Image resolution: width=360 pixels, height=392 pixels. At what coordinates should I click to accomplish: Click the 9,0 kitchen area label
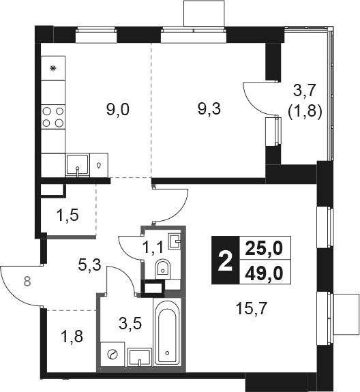tap(118, 110)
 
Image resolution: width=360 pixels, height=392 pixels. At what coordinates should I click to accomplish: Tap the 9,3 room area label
tap(209, 109)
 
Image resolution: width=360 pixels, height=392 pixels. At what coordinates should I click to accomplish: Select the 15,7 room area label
tap(252, 309)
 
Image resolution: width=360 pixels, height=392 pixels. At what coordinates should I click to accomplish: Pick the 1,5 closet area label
tap(67, 215)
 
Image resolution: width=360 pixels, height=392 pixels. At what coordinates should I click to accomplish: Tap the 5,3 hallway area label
tap(89, 265)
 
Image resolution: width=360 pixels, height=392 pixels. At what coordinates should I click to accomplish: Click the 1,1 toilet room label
tap(153, 247)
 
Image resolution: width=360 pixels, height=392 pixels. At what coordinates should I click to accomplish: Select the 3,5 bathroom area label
tap(130, 324)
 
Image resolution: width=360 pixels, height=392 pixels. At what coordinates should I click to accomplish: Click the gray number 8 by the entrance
tap(27, 281)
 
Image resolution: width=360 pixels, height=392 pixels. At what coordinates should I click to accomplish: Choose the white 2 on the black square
tap(225, 260)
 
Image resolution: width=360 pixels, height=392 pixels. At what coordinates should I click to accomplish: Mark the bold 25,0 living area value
tap(264, 249)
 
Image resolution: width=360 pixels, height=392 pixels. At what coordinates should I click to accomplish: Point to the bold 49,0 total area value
tap(264, 273)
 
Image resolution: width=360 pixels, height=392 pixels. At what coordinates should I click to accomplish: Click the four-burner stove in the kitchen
tap(53, 117)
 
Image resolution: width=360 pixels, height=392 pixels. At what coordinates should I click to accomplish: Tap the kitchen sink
tap(78, 165)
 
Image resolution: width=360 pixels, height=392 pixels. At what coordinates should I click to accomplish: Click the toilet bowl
tap(163, 269)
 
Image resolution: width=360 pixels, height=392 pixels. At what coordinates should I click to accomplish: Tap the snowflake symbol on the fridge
tap(52, 68)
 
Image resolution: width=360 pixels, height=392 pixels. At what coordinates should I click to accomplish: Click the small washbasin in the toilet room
tap(175, 241)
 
